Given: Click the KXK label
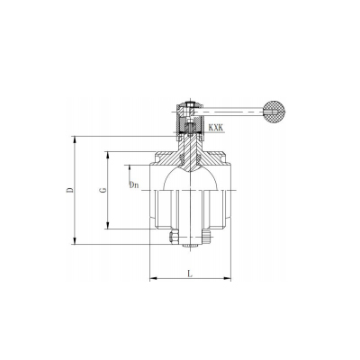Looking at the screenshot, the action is click(x=216, y=128).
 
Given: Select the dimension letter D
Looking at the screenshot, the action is click(x=69, y=190).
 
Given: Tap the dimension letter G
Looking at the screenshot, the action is click(x=103, y=190).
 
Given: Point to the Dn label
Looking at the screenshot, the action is click(x=134, y=185).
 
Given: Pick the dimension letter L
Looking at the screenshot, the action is click(x=190, y=274).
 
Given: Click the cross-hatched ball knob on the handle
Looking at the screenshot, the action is click(x=274, y=112).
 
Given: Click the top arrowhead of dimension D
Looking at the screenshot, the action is click(x=75, y=139).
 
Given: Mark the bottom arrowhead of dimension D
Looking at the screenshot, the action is click(x=75, y=241).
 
